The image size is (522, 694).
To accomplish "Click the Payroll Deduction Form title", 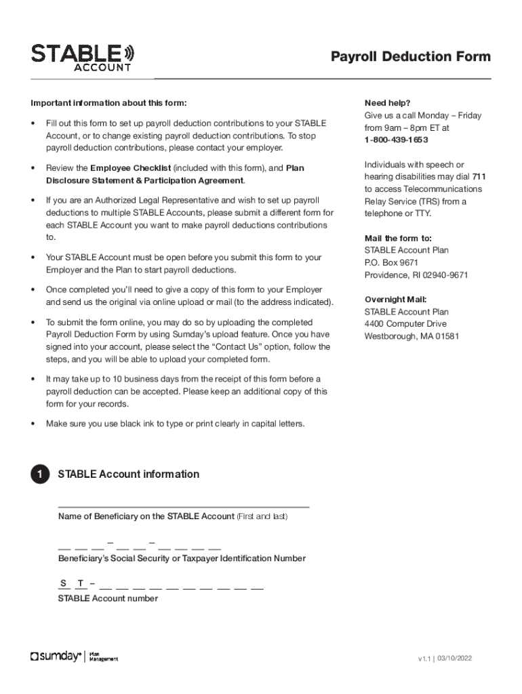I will pyautogui.click(x=410, y=57).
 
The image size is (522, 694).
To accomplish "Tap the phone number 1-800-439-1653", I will pyautogui.click(x=396, y=140).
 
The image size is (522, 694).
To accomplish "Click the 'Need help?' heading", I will pyautogui.click(x=387, y=103).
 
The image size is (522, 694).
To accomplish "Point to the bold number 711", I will pyautogui.click(x=479, y=177).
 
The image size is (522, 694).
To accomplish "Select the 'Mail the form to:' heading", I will pyautogui.click(x=398, y=238).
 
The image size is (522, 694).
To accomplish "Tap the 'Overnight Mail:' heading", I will pyautogui.click(x=395, y=300).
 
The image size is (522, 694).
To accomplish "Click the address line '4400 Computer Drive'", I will pyautogui.click(x=405, y=324).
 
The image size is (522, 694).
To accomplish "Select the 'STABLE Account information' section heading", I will pyautogui.click(x=129, y=474).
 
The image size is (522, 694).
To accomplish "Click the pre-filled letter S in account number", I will pyautogui.click(x=63, y=584).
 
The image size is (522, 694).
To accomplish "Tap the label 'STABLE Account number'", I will pyautogui.click(x=108, y=598).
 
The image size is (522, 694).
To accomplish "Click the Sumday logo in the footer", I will pyautogui.click(x=56, y=656).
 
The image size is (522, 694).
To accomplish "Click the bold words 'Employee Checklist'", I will pyautogui.click(x=130, y=168).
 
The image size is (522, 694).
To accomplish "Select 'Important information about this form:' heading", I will pyautogui.click(x=108, y=103).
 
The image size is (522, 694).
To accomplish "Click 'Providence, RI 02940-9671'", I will pyautogui.click(x=416, y=275).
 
